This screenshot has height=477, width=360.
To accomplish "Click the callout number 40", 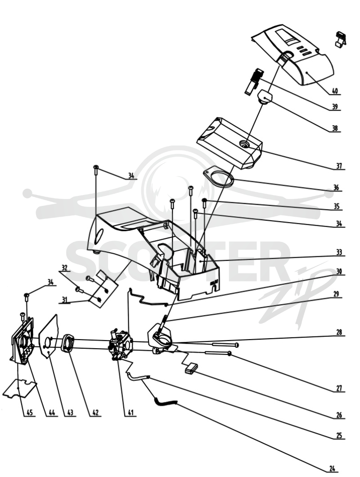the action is tap(334, 91).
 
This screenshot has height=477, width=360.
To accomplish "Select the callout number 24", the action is tap(332, 469).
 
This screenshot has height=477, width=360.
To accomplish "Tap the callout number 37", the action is tap(339, 166).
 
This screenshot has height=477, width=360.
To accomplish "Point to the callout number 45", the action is tap(29, 413).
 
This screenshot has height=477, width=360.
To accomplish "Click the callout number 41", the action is tap(130, 413).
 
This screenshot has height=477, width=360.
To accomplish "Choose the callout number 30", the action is tap(339, 271).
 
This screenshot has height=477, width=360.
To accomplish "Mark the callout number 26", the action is tap(339, 415).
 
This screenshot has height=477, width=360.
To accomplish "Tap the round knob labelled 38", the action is tap(265, 97).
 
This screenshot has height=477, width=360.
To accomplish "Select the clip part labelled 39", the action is tap(253, 80).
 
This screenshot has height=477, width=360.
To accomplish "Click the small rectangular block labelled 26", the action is tap(190, 368).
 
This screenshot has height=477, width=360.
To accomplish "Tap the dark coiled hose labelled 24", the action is tap(165, 402).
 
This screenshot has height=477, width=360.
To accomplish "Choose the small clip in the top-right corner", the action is tap(340, 39).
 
